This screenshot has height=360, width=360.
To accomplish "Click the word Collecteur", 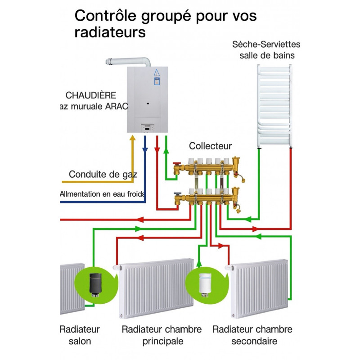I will (210, 146).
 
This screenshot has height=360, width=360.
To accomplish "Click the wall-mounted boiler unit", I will (147, 99).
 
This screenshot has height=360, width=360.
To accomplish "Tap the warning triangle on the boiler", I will (157, 73).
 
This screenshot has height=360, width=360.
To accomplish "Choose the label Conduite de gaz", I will (103, 174).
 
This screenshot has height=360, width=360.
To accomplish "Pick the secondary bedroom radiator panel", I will (259, 288).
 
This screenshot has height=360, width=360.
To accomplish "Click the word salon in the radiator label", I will (80, 341).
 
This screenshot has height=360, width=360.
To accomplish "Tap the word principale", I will (163, 341).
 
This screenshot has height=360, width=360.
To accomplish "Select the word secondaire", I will (254, 341).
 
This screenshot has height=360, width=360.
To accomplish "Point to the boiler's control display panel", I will (148, 128).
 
